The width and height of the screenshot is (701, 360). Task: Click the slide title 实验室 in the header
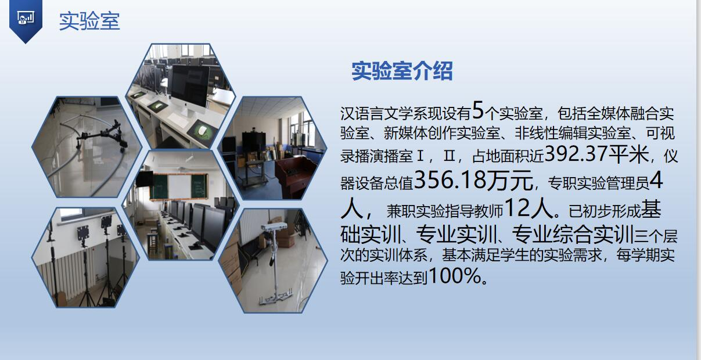(x=89, y=21)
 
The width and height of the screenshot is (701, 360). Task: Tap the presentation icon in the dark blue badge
(x=26, y=18)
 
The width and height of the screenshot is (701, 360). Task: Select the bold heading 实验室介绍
(x=402, y=71)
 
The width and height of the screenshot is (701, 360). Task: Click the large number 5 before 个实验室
(x=478, y=110)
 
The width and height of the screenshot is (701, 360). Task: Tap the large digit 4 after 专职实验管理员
(x=656, y=181)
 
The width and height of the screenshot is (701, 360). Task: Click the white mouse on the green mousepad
(x=203, y=130)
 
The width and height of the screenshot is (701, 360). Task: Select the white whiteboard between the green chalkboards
(x=179, y=187)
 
